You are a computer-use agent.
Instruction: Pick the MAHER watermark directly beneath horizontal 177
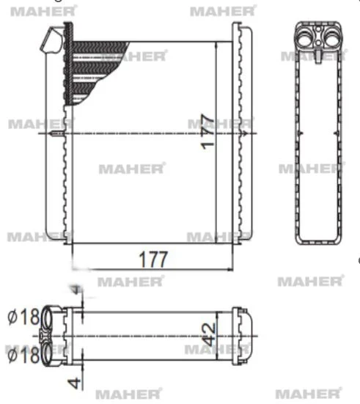pyautogui.click(x=131, y=281)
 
